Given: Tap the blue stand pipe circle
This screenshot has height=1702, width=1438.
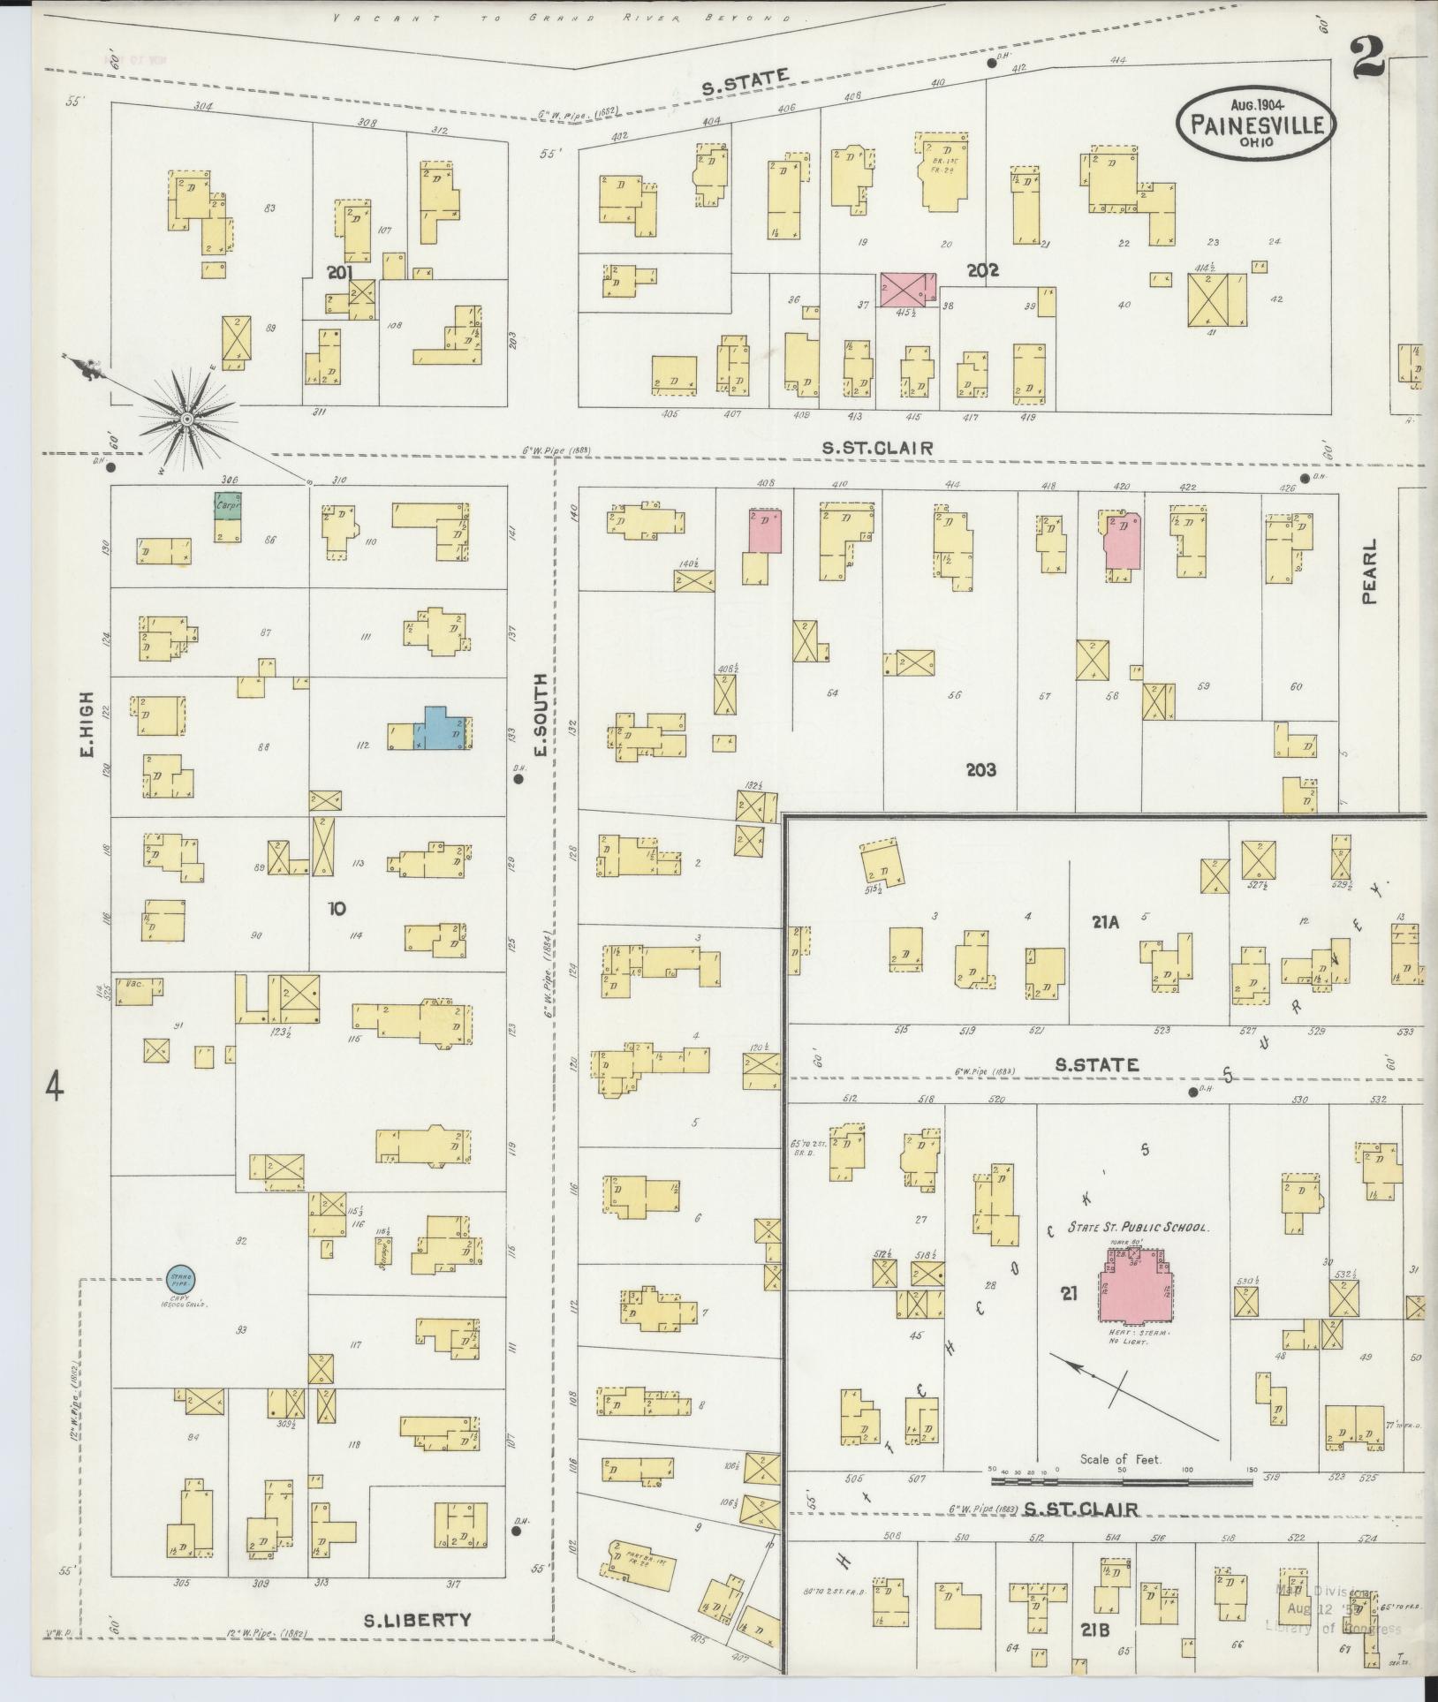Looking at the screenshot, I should (182, 1278).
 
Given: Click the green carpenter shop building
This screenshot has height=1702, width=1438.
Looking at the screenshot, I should (228, 506).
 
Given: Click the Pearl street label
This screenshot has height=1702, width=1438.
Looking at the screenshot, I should (1370, 571).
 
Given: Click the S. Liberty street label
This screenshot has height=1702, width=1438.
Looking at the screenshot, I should (418, 1619).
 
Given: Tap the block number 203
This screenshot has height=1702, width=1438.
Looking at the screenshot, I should (980, 769).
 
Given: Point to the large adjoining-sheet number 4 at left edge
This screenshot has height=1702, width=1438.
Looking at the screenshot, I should (55, 1085).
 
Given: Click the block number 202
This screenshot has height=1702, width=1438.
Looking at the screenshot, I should (982, 270).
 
